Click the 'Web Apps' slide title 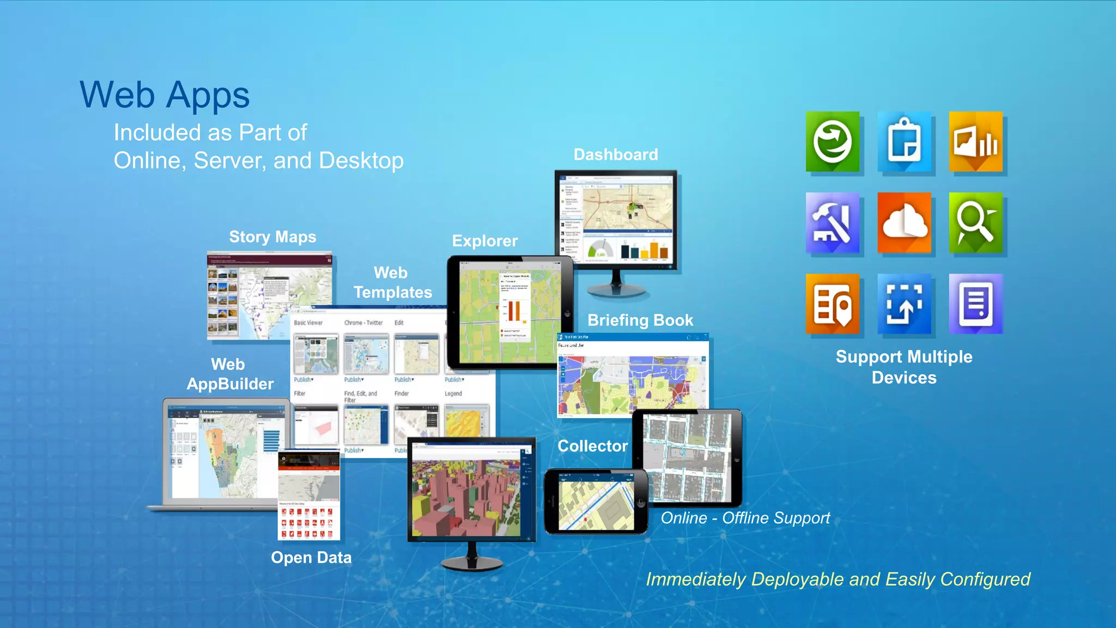165,95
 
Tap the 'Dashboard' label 616,155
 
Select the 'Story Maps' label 272,237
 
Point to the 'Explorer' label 485,241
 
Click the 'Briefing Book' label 640,320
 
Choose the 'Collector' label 592,446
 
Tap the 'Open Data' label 311,558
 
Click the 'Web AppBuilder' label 230,374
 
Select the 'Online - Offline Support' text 745,518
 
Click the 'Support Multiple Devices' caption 904,367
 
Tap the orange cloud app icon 904,222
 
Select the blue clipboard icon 904,142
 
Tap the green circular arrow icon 833,142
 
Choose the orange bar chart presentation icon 975,142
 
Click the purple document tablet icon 975,304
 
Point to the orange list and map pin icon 833,304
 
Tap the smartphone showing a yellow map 596,502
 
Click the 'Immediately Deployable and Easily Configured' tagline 838,579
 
